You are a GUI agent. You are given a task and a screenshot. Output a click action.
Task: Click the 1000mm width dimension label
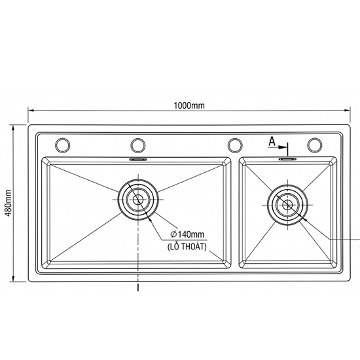coord(189,105)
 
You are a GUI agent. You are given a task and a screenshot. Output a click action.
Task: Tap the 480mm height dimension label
coord(9,203)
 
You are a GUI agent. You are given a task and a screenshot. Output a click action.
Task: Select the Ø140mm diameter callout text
coord(187,234)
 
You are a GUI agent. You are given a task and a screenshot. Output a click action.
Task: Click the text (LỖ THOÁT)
coord(187,247)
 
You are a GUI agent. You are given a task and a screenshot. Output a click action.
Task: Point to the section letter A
coord(272,141)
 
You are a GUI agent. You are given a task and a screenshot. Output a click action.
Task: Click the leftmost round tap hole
coord(62,145)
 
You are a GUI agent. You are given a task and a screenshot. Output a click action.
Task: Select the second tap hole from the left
coord(138,145)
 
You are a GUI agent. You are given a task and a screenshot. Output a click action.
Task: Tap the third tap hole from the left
coord(235,145)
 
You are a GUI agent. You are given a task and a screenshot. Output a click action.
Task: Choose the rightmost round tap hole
coord(315,145)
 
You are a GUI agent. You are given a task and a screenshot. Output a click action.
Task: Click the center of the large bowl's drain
coord(138,200)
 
